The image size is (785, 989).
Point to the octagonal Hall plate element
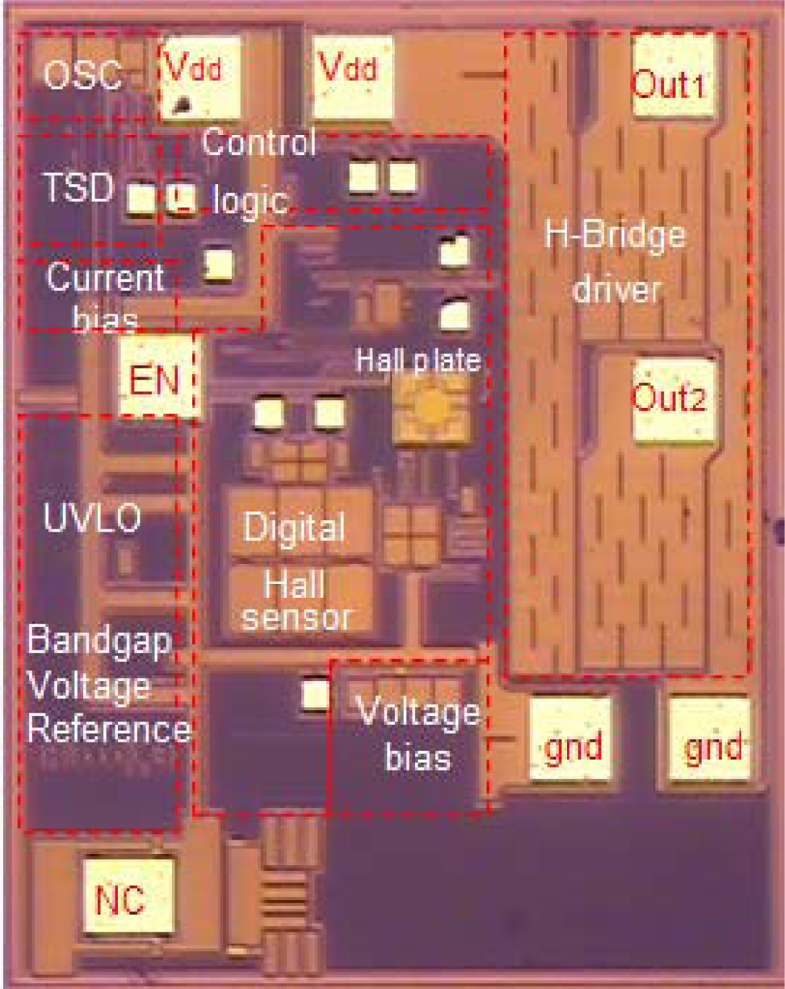431,405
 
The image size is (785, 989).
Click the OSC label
82,75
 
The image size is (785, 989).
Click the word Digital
296,526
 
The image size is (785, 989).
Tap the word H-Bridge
613,238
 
